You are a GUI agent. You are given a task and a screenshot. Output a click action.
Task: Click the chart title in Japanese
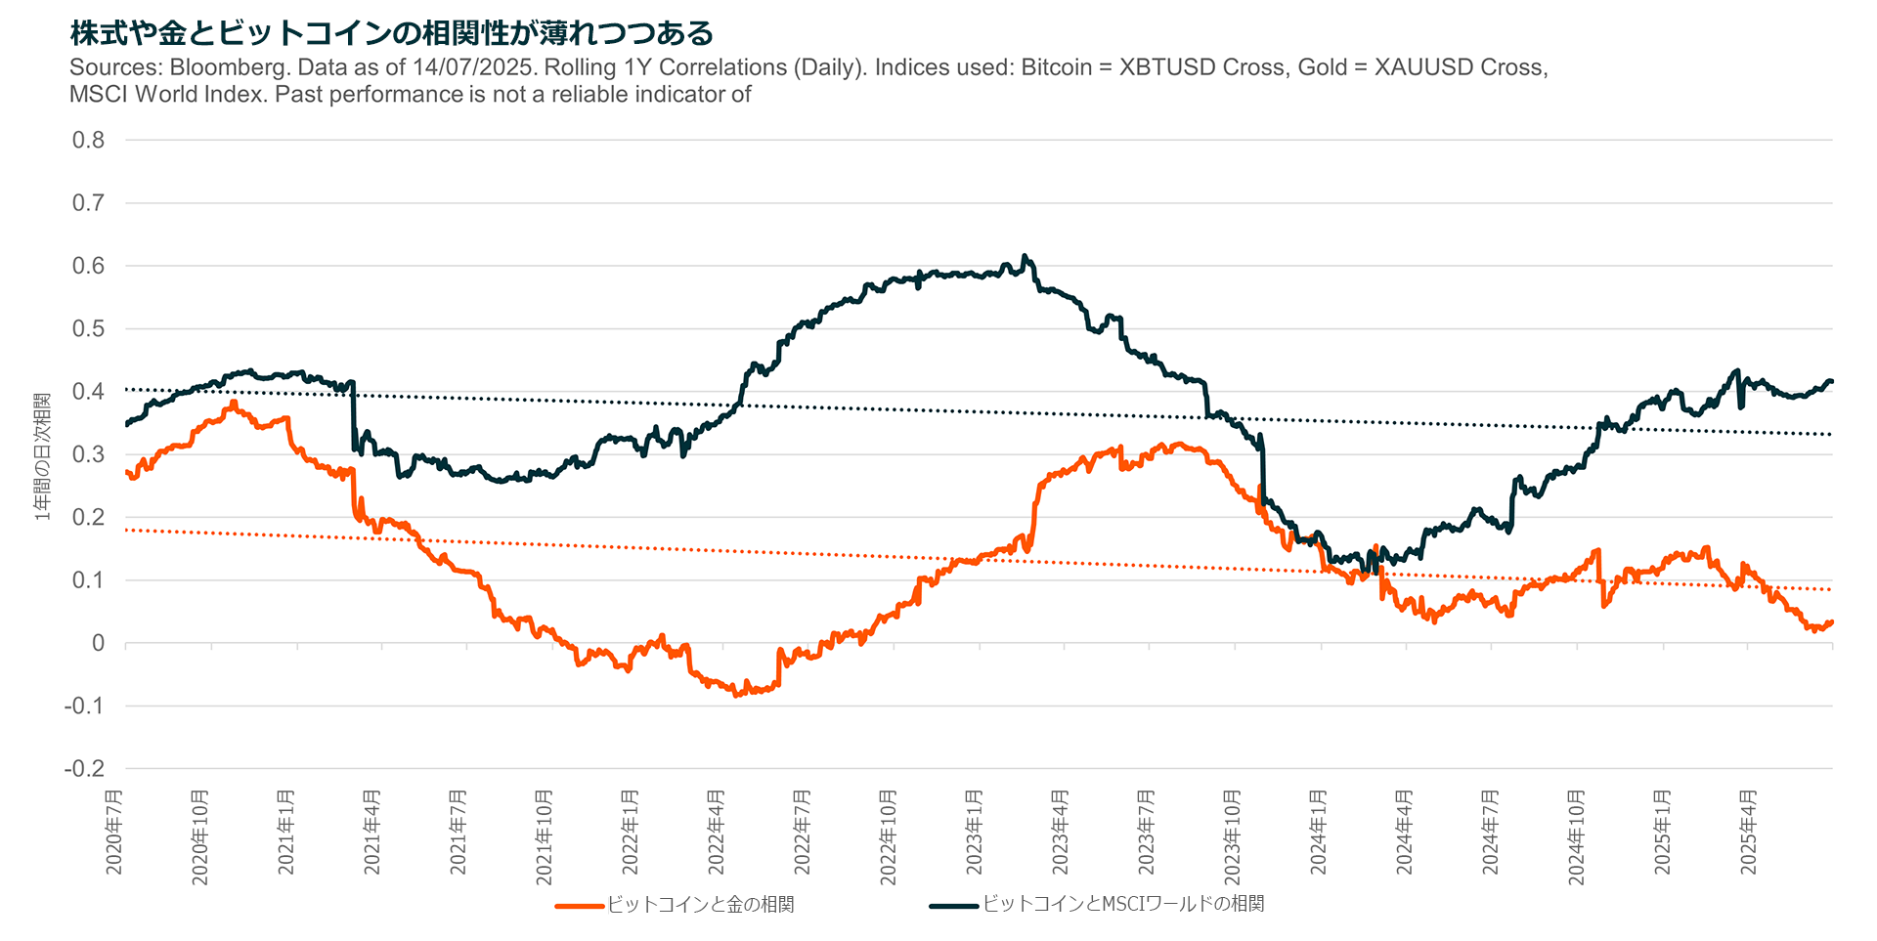click(391, 32)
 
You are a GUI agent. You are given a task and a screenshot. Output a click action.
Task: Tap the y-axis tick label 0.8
click(88, 140)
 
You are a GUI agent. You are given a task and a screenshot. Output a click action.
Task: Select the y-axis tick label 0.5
click(88, 328)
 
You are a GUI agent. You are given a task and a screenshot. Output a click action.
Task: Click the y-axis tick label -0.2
click(84, 769)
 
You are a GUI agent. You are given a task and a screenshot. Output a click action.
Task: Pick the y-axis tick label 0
click(99, 643)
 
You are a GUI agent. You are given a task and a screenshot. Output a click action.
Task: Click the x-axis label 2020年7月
click(114, 832)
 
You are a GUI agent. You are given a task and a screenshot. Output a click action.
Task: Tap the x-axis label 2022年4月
click(717, 832)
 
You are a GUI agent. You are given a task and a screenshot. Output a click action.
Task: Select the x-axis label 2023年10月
click(1233, 837)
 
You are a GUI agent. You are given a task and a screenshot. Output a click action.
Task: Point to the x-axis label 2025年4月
click(1749, 832)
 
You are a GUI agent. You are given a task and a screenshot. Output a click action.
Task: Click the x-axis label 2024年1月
click(1319, 832)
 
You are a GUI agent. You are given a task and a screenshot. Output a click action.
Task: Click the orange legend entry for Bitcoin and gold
click(675, 905)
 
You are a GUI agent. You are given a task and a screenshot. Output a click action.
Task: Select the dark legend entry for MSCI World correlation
click(1097, 905)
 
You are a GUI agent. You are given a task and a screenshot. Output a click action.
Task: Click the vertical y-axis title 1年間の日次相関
click(42, 456)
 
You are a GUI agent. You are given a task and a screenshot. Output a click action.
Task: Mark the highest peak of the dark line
click(1025, 256)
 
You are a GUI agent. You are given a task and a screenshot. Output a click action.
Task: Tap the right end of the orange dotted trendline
click(1831, 589)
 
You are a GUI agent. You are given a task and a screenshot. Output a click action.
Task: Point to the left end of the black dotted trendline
click(127, 389)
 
